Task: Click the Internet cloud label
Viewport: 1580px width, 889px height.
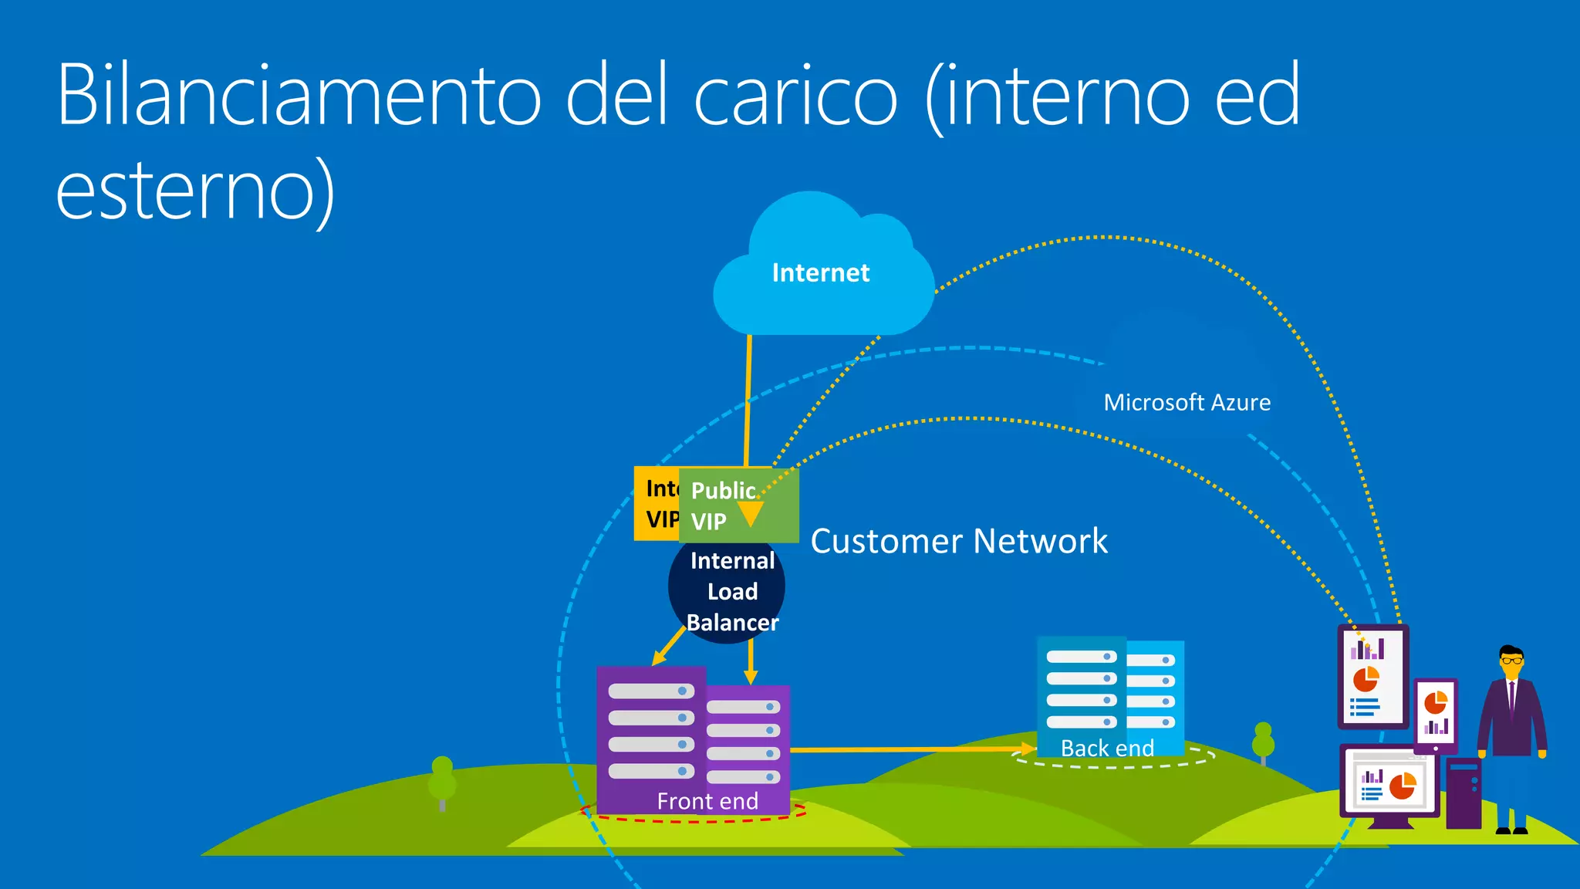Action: (x=820, y=272)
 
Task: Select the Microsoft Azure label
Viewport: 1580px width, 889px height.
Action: (x=1187, y=402)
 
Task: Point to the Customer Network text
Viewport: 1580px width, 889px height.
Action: (x=959, y=541)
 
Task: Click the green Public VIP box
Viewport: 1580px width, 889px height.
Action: (x=738, y=505)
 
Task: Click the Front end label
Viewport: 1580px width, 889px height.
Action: (x=707, y=801)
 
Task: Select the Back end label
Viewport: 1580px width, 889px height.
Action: (x=1107, y=748)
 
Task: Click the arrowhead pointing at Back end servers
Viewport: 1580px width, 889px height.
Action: (x=1027, y=749)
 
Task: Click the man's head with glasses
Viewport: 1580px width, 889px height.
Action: (x=1511, y=661)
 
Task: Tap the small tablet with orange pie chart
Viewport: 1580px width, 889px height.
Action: (x=1435, y=714)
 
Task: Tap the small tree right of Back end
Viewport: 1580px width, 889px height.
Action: (x=1263, y=741)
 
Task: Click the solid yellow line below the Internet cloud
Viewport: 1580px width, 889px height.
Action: (x=748, y=401)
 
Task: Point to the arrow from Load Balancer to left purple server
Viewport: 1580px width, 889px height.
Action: (x=668, y=646)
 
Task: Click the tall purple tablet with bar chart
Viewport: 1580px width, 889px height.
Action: (x=1372, y=677)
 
